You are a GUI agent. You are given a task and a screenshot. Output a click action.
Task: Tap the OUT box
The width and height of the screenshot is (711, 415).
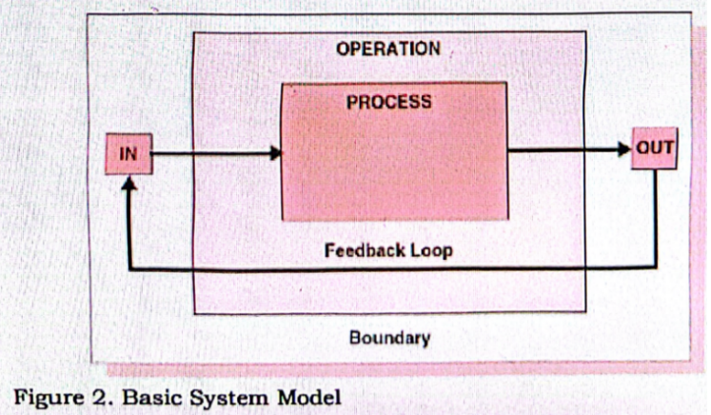[655, 148]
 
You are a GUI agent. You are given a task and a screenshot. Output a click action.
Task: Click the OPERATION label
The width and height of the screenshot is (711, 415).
[388, 49]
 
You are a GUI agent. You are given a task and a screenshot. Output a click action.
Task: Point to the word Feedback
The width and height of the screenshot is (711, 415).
[358, 252]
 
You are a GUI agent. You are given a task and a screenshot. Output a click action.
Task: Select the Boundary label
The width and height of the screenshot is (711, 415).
[389, 337]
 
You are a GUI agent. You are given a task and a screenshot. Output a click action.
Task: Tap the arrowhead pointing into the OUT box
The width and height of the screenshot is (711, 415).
[625, 149]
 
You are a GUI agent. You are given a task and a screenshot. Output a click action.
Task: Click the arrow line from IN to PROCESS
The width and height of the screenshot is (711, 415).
[209, 152]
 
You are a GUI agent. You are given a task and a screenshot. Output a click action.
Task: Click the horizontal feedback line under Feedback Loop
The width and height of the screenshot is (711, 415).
[390, 269]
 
